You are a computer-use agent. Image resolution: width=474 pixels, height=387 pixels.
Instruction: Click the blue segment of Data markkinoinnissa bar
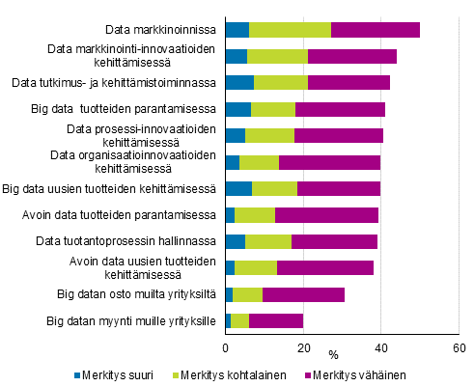pyautogui.click(x=237, y=29)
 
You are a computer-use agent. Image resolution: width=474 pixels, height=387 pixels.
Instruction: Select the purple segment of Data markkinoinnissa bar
pyautogui.click(x=375, y=29)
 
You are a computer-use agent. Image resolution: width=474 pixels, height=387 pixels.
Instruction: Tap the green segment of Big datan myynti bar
pyautogui.click(x=239, y=321)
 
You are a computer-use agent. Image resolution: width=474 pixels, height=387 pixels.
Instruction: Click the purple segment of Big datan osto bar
pyautogui.click(x=303, y=294)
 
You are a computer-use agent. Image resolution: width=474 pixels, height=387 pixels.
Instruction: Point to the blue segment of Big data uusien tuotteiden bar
pyautogui.click(x=238, y=188)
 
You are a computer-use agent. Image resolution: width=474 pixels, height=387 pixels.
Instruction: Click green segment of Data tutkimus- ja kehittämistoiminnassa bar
pyautogui.click(x=281, y=82)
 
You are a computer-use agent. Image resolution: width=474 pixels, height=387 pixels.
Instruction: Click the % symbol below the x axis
pyautogui.click(x=333, y=356)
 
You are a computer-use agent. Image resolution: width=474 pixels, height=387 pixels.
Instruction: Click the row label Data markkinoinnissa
pyautogui.click(x=159, y=29)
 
